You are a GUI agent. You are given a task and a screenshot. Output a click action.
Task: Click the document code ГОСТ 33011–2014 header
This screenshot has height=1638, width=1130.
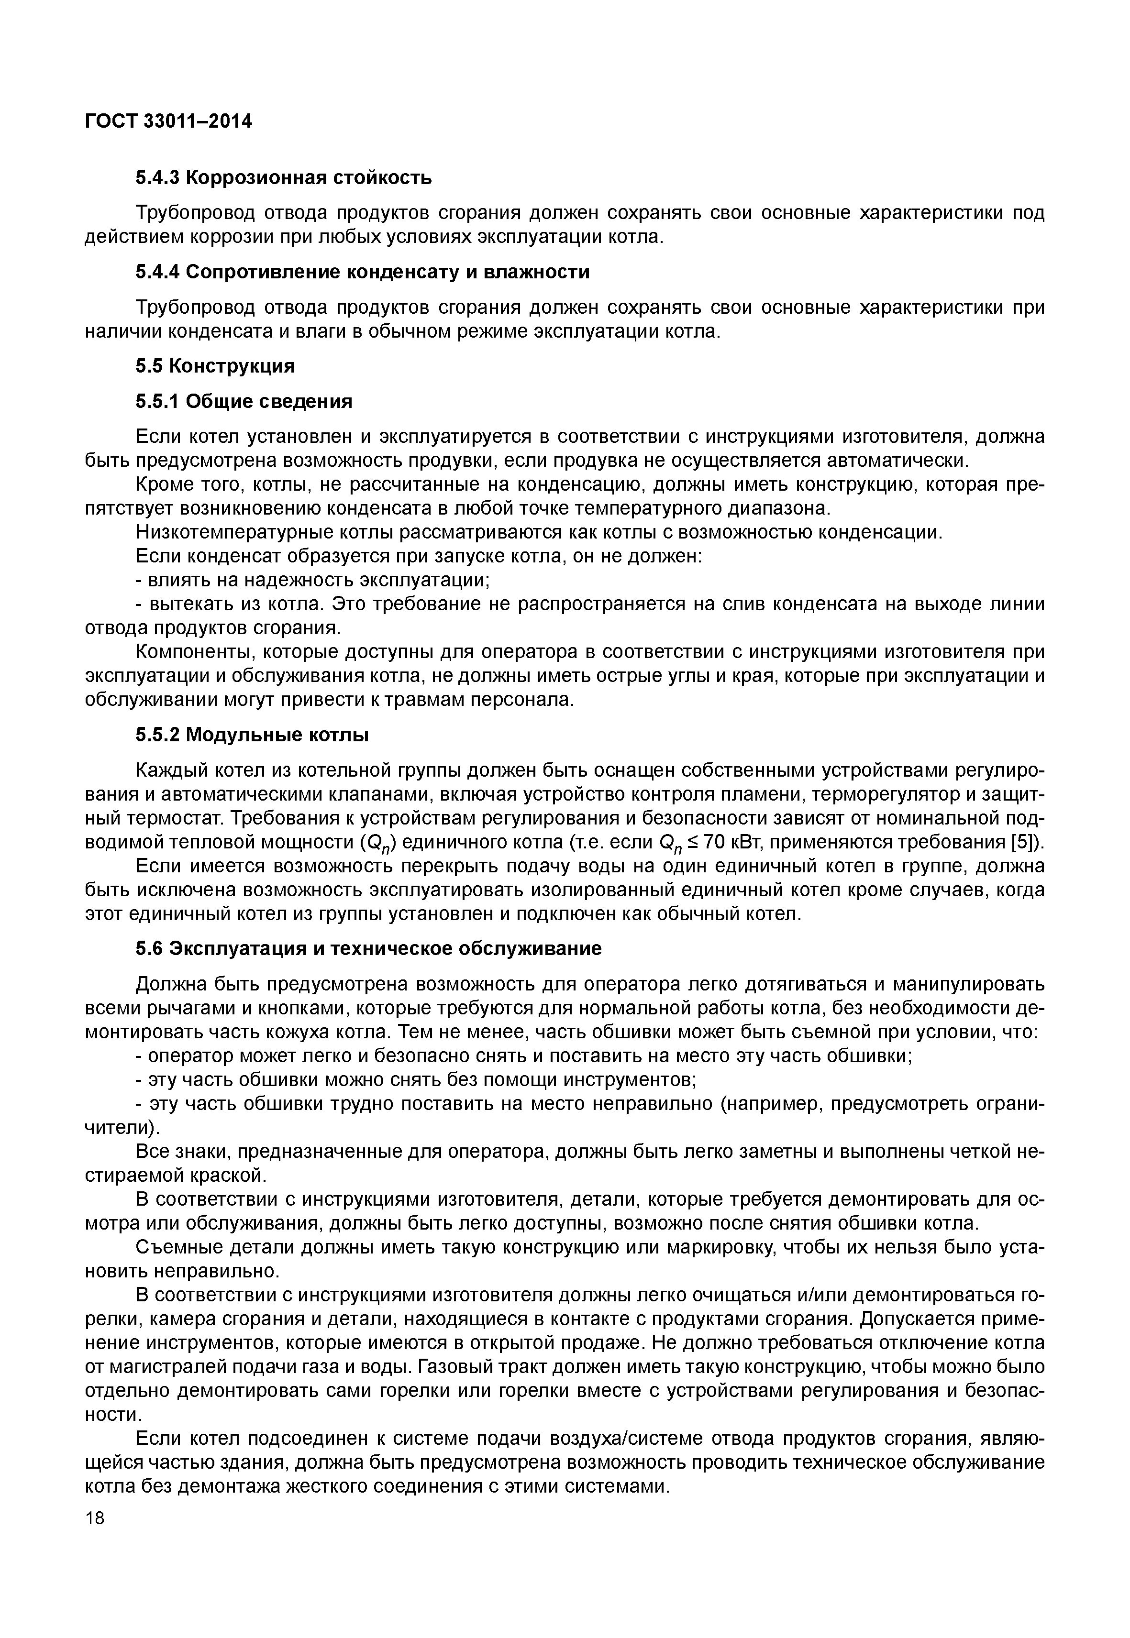tap(168, 122)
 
